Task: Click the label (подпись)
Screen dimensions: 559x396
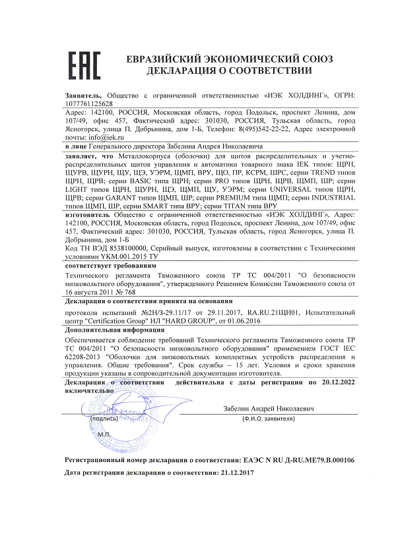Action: pos(104,418)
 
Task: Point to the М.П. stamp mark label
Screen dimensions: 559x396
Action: pos(86,436)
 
